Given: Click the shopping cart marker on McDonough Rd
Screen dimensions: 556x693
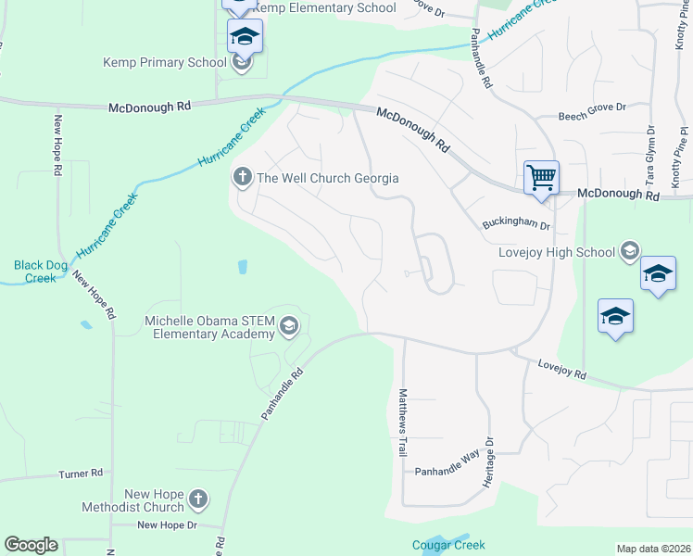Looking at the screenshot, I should point(541,176).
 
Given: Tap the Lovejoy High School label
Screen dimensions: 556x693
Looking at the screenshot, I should point(557,252).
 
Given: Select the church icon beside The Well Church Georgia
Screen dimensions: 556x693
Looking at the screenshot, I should point(244,177).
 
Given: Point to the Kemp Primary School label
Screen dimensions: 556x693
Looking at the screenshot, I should point(165,63).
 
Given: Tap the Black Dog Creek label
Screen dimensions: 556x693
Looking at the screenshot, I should point(41,272).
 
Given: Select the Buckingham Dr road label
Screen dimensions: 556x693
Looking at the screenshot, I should point(516,225).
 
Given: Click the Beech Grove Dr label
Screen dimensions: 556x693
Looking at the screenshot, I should point(594,117).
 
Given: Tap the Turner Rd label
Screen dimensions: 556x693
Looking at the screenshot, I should point(81,474).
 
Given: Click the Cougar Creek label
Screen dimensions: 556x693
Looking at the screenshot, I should point(448,545).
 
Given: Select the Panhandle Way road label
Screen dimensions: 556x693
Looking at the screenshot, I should point(447,471).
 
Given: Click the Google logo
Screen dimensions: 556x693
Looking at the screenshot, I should point(31,545).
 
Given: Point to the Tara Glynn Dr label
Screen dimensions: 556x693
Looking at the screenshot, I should point(649,156).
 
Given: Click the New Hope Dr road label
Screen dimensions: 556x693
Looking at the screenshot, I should point(168,525).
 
